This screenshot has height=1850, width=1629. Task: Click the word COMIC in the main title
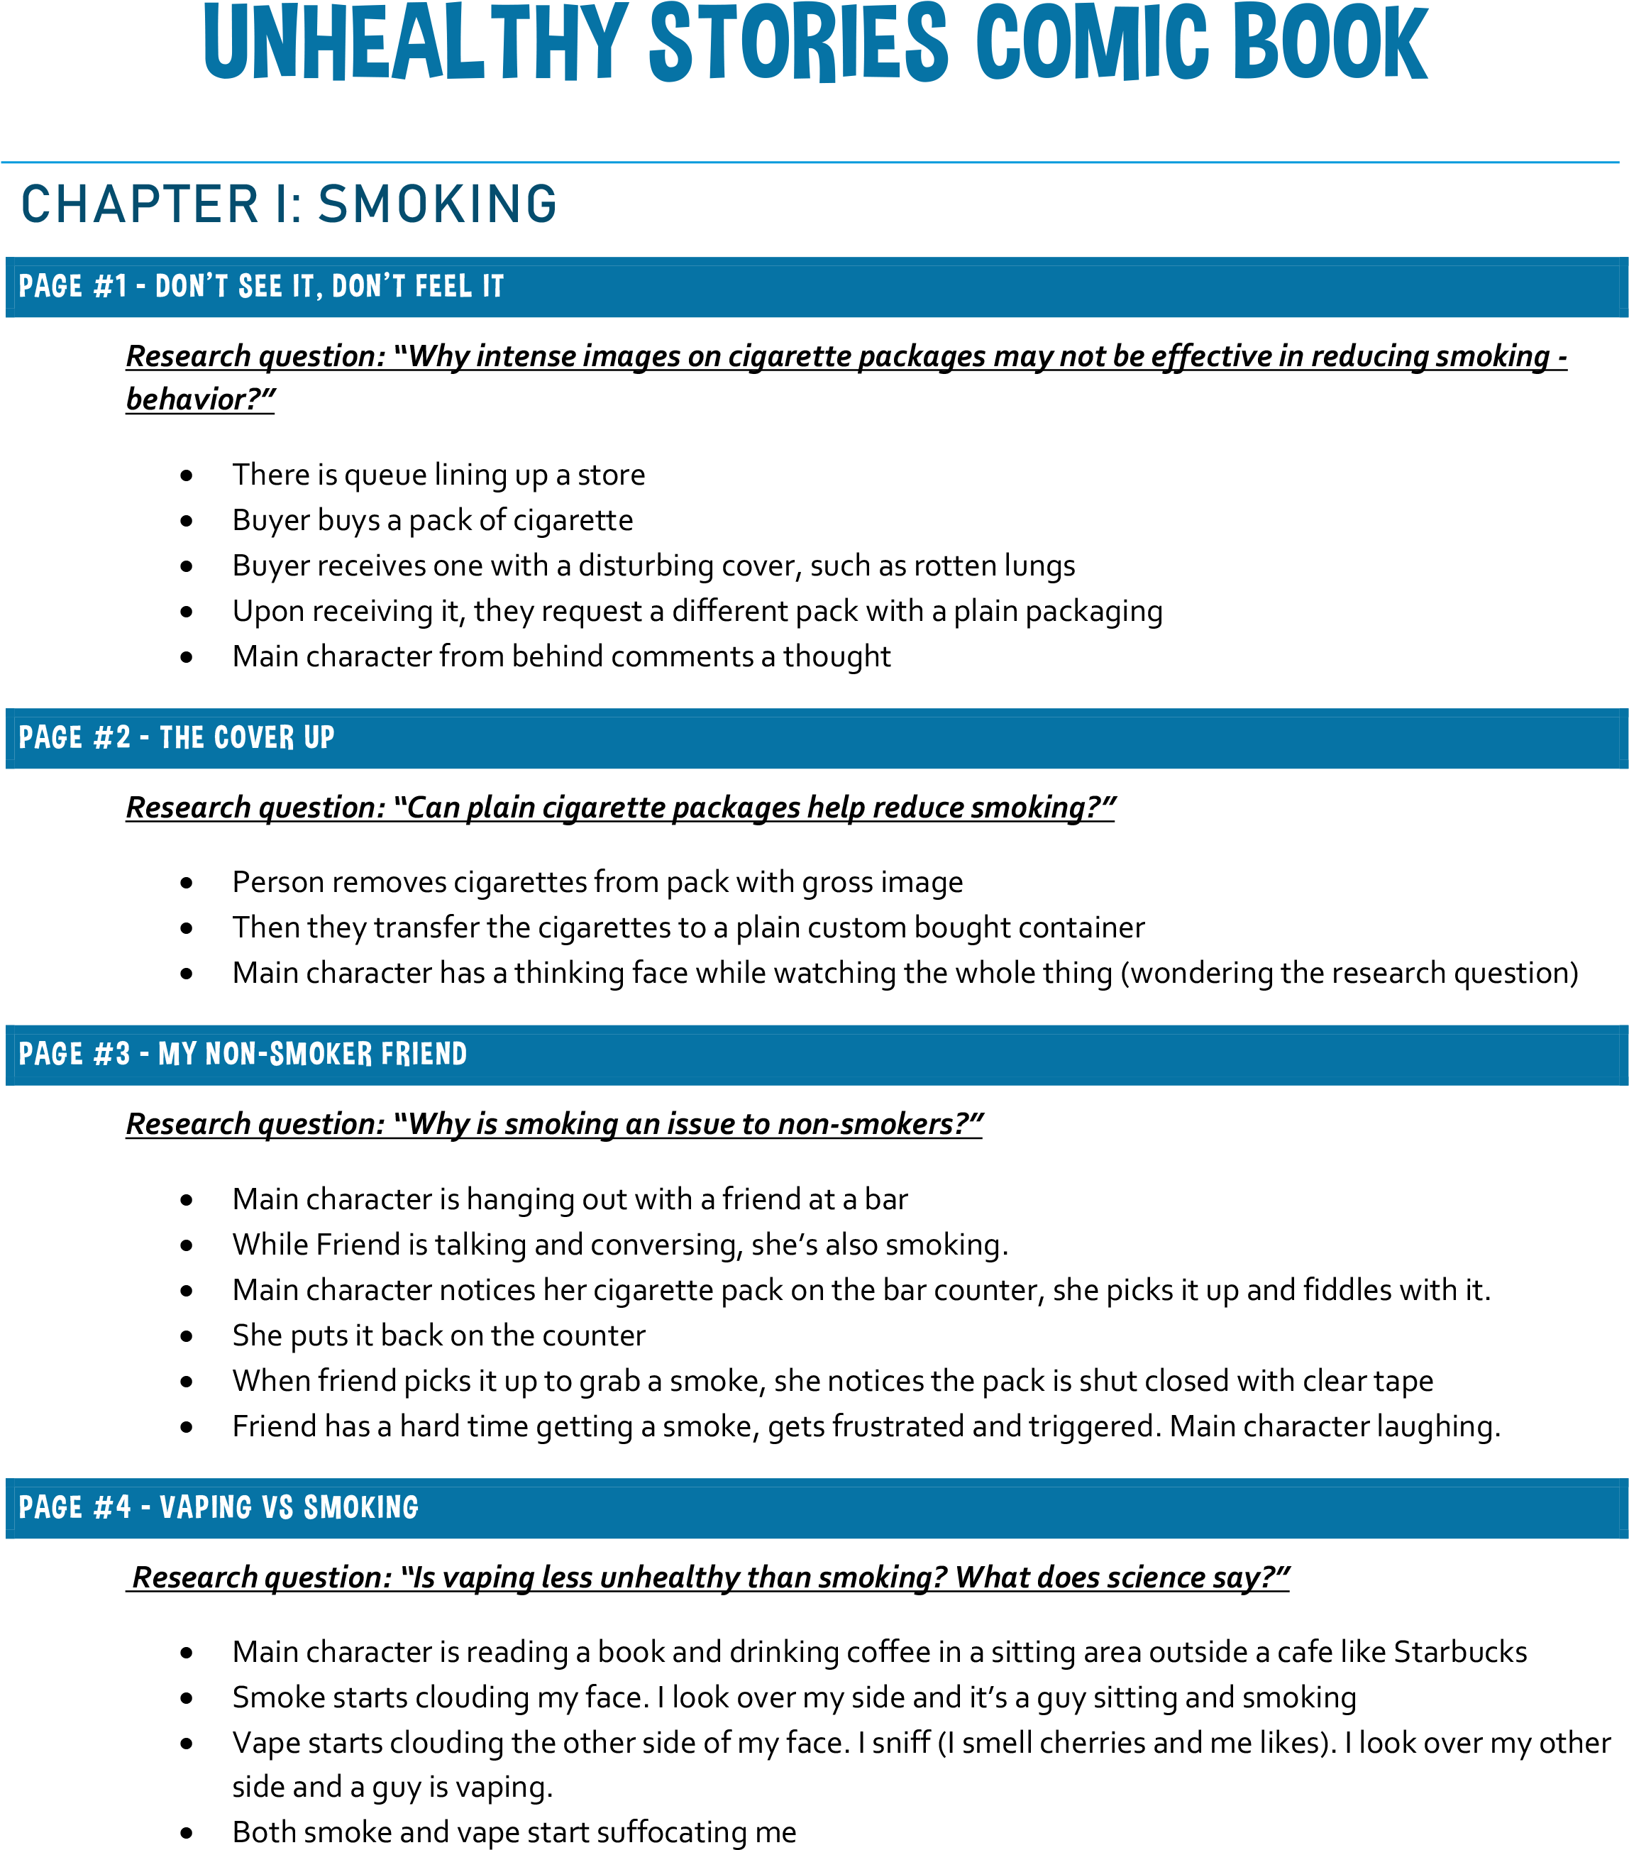coord(1093,43)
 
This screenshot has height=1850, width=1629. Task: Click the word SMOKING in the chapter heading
coord(438,204)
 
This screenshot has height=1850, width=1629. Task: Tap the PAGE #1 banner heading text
coord(260,287)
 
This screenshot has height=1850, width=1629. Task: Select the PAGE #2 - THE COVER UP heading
coord(177,737)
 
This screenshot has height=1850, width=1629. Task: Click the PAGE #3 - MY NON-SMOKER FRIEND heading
coord(243,1055)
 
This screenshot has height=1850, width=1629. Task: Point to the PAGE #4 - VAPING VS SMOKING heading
coord(218,1507)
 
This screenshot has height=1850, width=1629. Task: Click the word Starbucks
coord(1459,1652)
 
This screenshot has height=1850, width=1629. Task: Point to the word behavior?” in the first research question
coord(200,399)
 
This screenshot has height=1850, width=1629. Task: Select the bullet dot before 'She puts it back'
coord(187,1337)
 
